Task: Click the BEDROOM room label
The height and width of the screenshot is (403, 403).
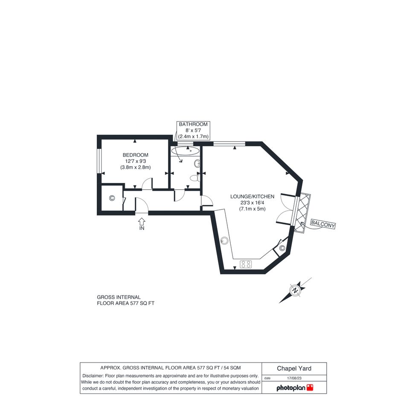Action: (136, 155)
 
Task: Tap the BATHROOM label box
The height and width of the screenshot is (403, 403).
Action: (193, 130)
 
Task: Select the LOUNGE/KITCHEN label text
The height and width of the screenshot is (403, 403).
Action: (252, 197)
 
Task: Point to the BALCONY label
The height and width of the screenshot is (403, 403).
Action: (323, 224)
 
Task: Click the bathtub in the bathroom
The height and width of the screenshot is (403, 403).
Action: (185, 151)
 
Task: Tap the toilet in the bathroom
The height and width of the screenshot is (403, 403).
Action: (195, 178)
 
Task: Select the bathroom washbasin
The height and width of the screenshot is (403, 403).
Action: (197, 164)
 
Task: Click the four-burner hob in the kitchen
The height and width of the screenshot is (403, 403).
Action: (246, 264)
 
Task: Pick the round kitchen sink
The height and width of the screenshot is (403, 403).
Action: (224, 241)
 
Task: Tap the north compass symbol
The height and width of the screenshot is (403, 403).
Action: (296, 290)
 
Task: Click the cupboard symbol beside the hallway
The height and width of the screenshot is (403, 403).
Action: (112, 198)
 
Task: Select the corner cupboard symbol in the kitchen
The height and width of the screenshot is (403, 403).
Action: (282, 248)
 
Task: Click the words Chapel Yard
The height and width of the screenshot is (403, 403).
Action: (294, 368)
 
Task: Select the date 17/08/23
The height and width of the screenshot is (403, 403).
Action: (294, 378)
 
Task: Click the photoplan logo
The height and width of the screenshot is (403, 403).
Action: (295, 388)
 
